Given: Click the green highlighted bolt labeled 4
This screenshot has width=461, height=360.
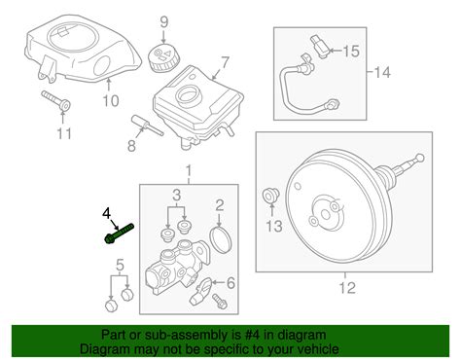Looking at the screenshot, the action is [x=119, y=234].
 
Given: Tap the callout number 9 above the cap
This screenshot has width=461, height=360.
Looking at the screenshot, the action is [x=164, y=22].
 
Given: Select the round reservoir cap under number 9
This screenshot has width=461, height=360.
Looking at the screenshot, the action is [x=164, y=58].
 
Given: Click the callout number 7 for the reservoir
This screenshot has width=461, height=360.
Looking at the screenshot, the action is [x=225, y=63].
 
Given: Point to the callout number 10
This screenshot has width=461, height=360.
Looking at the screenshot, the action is [x=111, y=101].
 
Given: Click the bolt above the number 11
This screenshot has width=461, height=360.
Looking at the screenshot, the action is [x=55, y=100].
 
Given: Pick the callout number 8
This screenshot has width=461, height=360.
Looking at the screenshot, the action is [x=131, y=146].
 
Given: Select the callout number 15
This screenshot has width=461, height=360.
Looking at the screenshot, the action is [x=351, y=52].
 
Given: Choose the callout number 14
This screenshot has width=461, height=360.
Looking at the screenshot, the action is [x=382, y=72].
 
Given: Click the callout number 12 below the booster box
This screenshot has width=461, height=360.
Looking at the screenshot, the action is [x=347, y=287].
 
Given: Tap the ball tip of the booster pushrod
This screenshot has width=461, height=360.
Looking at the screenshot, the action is [x=420, y=158].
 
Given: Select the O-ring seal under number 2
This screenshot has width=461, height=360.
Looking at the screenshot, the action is [x=222, y=240].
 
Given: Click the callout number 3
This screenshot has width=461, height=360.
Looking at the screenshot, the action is [x=176, y=196].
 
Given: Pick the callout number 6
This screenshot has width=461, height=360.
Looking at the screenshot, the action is [x=230, y=283].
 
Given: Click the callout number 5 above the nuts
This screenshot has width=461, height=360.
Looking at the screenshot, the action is [x=120, y=266].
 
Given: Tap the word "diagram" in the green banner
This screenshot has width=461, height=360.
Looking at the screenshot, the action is [x=301, y=335].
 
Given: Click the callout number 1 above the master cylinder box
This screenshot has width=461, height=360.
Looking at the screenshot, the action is [x=189, y=170].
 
